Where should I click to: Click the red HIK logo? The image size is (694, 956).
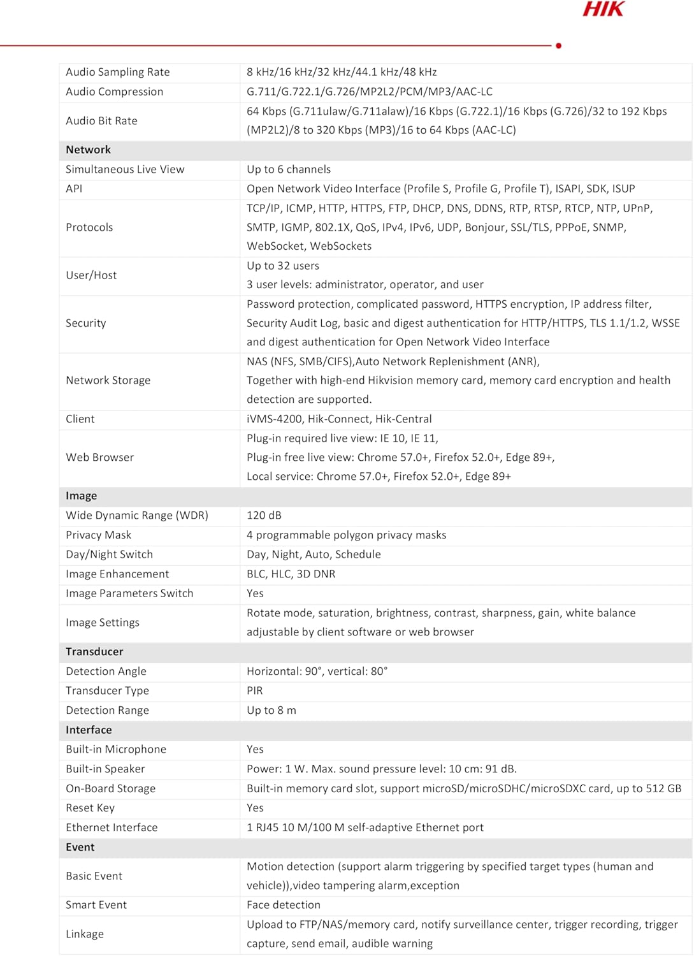(603, 9)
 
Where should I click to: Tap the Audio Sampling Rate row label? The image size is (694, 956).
(118, 72)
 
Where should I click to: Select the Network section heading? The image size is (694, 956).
(88, 150)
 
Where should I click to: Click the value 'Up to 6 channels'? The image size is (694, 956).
(289, 170)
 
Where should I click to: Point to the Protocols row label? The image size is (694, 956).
(89, 228)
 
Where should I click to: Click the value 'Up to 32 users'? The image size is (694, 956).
(283, 266)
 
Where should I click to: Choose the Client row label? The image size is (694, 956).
(80, 419)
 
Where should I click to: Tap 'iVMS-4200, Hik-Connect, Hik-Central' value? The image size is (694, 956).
(339, 419)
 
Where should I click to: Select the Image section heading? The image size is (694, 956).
(81, 496)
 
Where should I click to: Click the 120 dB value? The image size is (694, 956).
(264, 516)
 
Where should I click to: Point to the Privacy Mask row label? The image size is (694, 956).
(98, 535)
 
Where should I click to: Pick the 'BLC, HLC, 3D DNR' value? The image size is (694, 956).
(291, 574)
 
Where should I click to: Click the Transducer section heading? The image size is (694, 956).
(94, 651)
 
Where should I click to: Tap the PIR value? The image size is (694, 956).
(254, 691)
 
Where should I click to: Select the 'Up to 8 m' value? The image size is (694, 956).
(271, 710)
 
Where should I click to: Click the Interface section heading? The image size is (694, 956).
(89, 730)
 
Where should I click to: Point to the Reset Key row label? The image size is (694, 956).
(90, 808)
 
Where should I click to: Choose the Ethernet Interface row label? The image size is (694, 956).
(112, 827)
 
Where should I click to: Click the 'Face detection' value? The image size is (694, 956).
(284, 905)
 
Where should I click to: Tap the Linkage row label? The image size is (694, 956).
(85, 934)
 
